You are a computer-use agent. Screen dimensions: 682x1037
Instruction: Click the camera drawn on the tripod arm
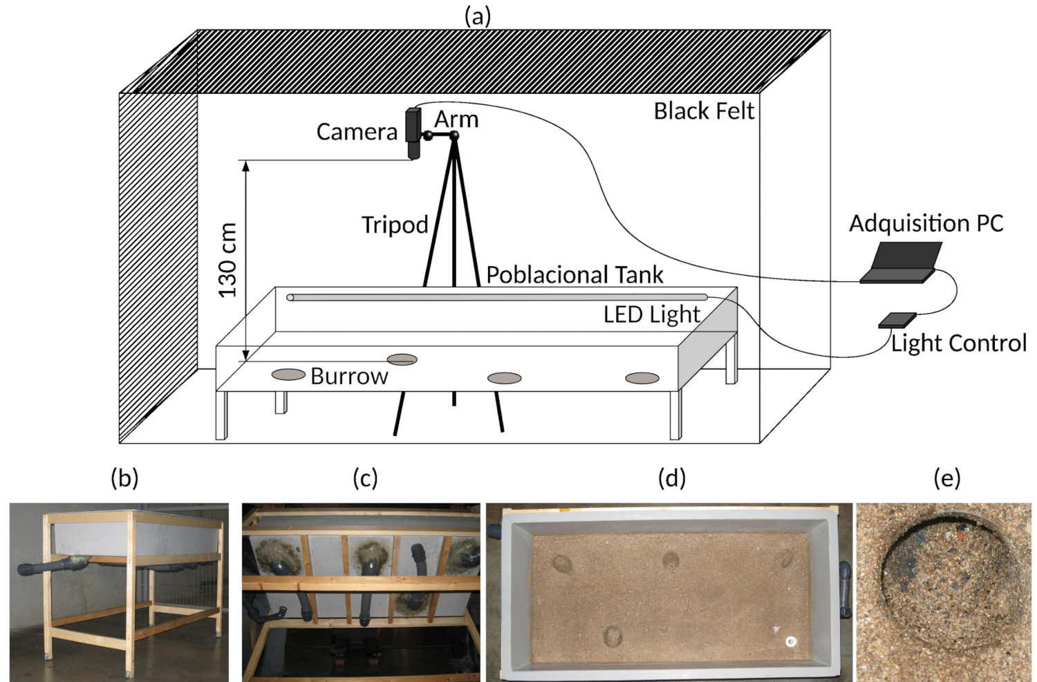point(413,133)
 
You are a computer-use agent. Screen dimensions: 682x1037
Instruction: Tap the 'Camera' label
point(357,132)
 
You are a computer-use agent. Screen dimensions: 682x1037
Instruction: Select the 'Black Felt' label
point(704,111)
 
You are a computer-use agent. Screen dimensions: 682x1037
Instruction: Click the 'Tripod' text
point(395,225)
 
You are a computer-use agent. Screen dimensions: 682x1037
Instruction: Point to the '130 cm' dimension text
point(228,261)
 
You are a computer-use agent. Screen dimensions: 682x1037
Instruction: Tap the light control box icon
point(897,320)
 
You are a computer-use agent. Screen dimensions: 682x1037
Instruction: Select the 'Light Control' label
point(958,343)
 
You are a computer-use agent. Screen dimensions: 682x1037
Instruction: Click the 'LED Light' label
point(651,315)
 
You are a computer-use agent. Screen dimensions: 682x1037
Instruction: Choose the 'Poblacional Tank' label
point(574,275)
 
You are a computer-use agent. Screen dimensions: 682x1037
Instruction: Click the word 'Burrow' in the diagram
point(349,377)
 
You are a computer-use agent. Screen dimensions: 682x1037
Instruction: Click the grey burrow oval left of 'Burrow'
point(288,375)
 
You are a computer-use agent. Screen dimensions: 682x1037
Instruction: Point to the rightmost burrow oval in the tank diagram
point(642,378)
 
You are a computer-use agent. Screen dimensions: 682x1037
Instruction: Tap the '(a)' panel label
point(477,16)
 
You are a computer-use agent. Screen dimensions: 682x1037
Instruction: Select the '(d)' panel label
point(672,477)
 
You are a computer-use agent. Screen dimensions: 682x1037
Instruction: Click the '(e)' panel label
point(946,477)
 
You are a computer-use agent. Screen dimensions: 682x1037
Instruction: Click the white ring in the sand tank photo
point(791,642)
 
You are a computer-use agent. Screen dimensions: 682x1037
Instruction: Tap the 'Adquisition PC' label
point(926,224)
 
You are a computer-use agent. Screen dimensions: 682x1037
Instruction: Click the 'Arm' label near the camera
point(456,120)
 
